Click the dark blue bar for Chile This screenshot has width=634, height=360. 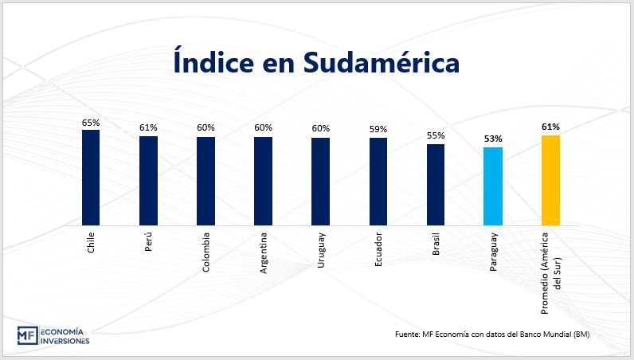tap(91, 177)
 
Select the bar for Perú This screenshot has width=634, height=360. tap(148, 180)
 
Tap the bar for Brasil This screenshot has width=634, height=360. tap(436, 184)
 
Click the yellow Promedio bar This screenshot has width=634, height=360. tap(550, 180)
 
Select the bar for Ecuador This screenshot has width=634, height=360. tap(378, 181)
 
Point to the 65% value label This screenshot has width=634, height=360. tap(91, 123)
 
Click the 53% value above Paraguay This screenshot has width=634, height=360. tap(493, 139)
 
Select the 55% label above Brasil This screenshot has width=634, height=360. tap(436, 136)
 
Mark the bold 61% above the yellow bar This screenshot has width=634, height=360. tap(550, 127)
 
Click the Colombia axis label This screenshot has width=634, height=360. tap(206, 252)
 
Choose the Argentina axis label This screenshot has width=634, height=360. tap(264, 254)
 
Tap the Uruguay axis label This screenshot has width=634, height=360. tap(321, 250)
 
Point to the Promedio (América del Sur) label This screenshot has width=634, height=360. tap(550, 264)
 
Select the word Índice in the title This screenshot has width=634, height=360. tap(214, 62)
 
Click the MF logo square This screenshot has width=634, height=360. tap(26, 335)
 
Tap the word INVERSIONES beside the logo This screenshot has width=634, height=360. tap(65, 341)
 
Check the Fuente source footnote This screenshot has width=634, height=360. tap(491, 333)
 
